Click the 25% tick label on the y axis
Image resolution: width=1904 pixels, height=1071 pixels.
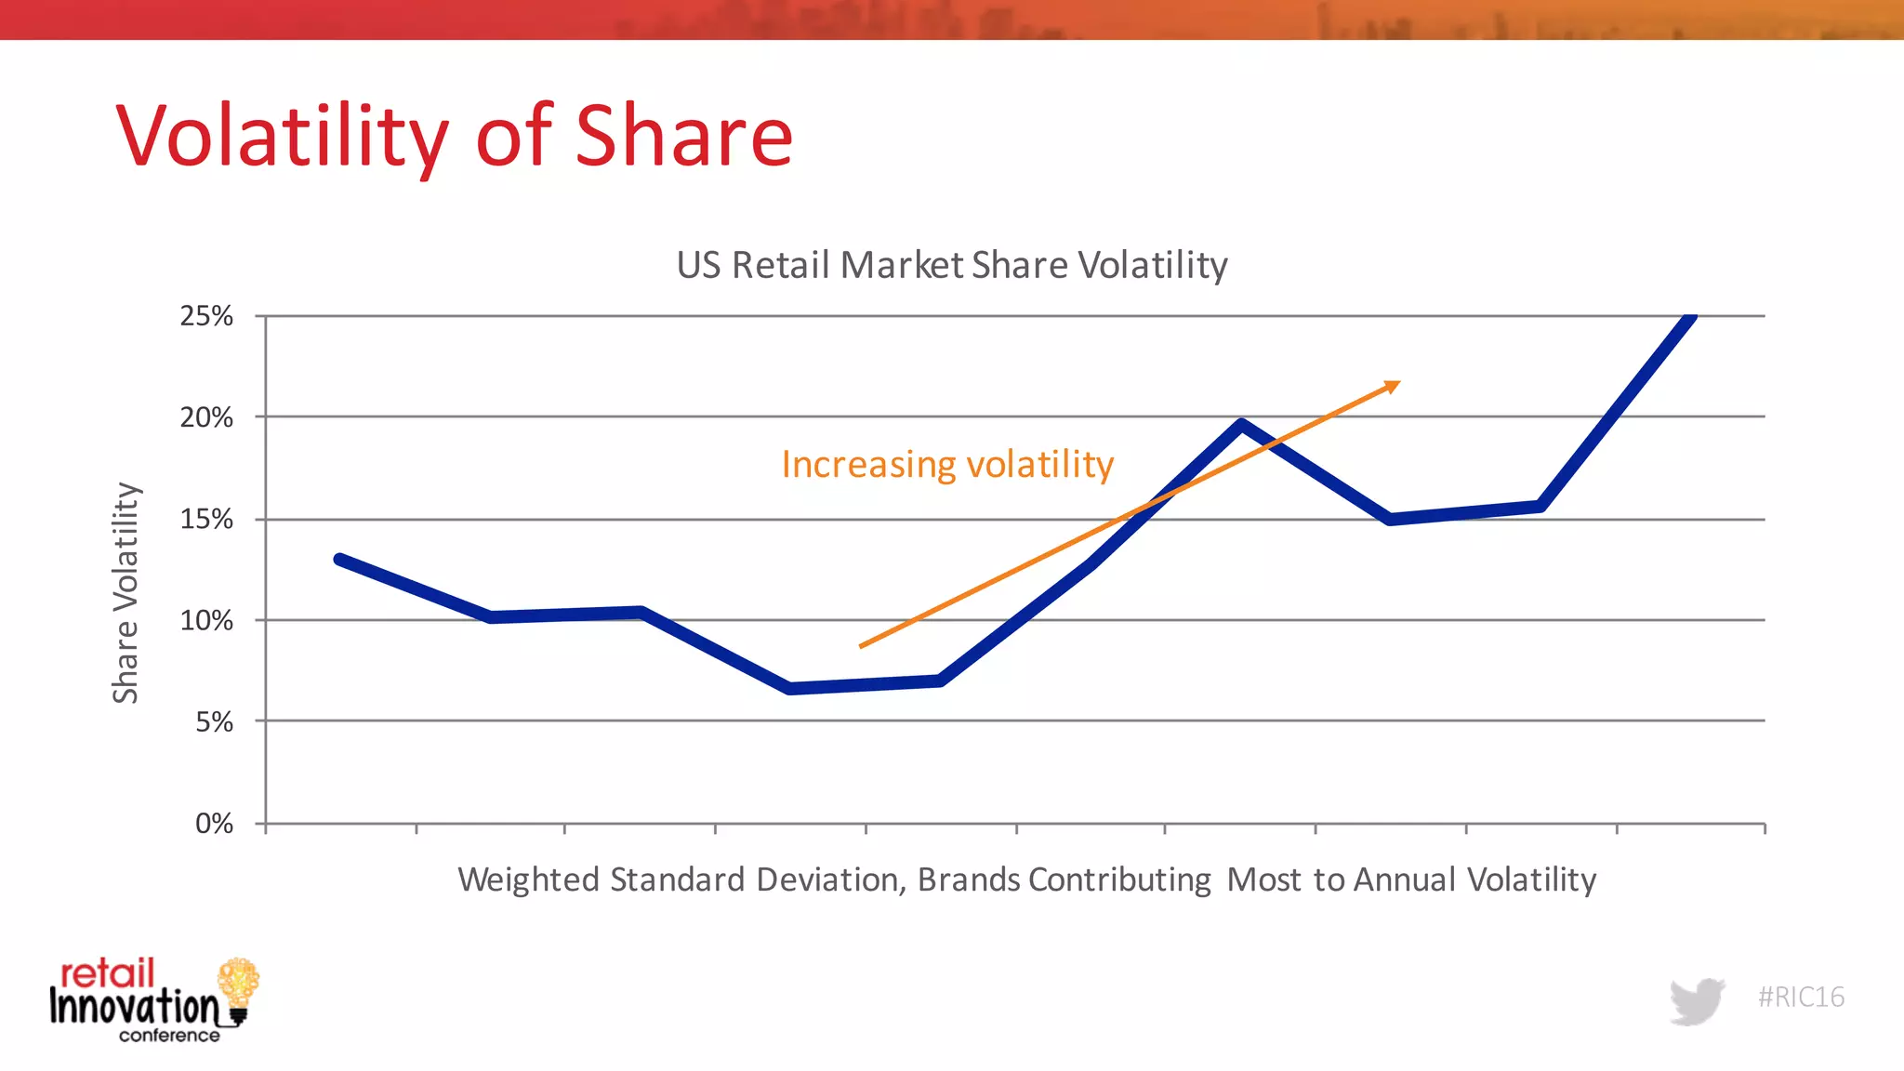click(x=206, y=316)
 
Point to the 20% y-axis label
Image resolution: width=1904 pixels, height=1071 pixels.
click(x=206, y=417)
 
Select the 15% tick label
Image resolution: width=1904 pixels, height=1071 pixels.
click(x=206, y=519)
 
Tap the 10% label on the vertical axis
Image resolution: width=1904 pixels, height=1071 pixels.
click(x=206, y=620)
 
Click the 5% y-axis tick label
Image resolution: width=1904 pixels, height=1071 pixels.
click(x=214, y=721)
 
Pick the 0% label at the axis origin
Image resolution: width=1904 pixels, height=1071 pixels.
click(x=214, y=823)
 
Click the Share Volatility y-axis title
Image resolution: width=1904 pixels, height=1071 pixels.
click(x=126, y=592)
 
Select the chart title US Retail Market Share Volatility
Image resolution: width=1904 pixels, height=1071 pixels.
click(x=951, y=265)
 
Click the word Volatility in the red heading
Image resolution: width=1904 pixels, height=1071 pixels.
click(x=282, y=138)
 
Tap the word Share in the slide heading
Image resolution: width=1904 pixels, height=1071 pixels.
click(x=683, y=138)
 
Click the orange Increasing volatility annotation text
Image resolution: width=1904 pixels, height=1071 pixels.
click(x=946, y=464)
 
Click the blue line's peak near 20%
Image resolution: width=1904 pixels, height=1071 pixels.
click(x=1241, y=425)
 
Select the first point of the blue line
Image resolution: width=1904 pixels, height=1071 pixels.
click(x=340, y=560)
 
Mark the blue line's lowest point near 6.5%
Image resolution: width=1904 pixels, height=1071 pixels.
click(x=790, y=688)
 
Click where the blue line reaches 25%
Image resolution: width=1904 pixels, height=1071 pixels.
click(x=1691, y=318)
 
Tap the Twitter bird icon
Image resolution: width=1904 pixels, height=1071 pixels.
click(x=1697, y=1000)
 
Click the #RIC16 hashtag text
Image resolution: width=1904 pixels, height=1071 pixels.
click(x=1801, y=997)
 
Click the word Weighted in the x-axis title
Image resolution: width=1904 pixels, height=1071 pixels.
click(x=528, y=879)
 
